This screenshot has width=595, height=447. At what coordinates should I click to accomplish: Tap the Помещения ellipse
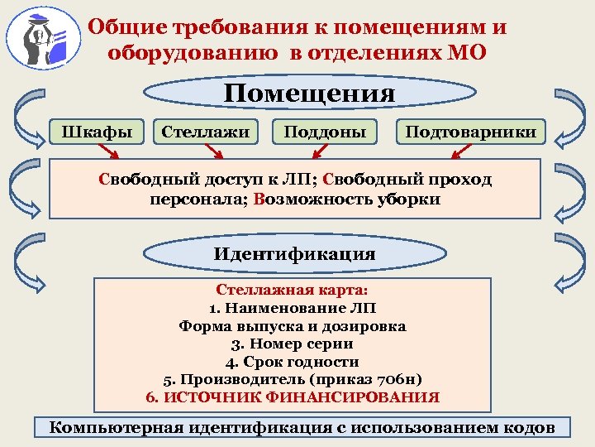[x=310, y=93]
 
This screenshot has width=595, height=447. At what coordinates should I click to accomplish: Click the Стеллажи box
[x=206, y=131]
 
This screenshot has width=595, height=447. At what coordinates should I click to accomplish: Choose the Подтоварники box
[x=470, y=131]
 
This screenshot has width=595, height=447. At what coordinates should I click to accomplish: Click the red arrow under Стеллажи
[x=213, y=151]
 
